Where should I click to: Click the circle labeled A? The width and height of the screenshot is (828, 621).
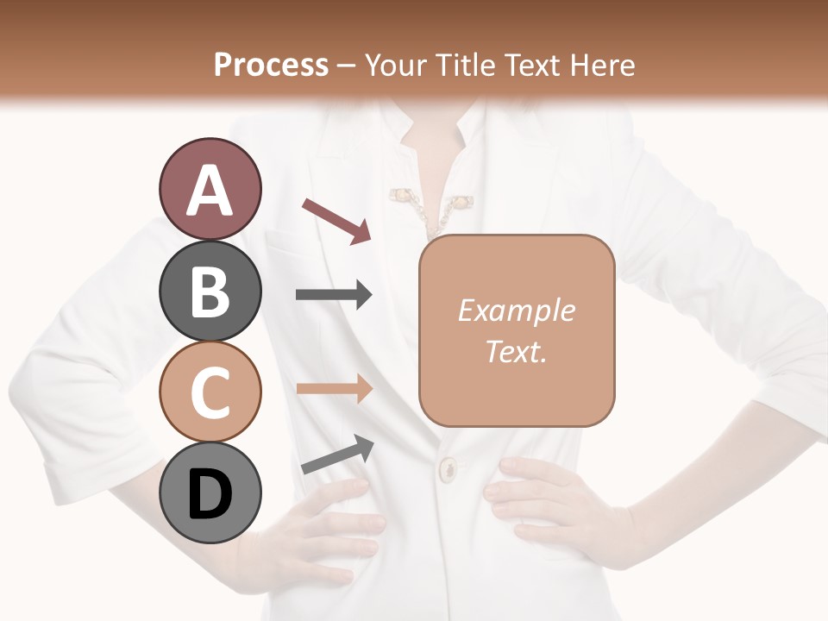tap(210, 190)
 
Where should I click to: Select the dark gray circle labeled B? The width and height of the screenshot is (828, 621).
tap(210, 291)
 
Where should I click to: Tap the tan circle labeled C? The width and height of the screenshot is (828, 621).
tap(210, 392)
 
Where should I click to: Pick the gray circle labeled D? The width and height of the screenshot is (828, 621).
tap(210, 492)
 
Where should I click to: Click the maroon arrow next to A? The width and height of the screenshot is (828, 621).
tap(336, 221)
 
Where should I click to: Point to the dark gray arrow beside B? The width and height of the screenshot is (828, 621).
tap(334, 295)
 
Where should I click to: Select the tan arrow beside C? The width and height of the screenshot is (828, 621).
tap(334, 388)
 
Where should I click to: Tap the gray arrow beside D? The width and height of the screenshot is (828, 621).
tap(337, 455)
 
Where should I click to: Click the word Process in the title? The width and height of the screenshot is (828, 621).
tap(271, 65)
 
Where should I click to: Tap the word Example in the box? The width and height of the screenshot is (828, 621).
tap(516, 310)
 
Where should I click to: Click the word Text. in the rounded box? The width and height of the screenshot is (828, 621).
tap(516, 352)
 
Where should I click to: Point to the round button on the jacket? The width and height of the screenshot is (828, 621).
tap(448, 470)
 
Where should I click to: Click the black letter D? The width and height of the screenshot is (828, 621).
tap(210, 494)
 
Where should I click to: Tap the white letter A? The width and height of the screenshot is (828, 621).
tap(210, 191)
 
